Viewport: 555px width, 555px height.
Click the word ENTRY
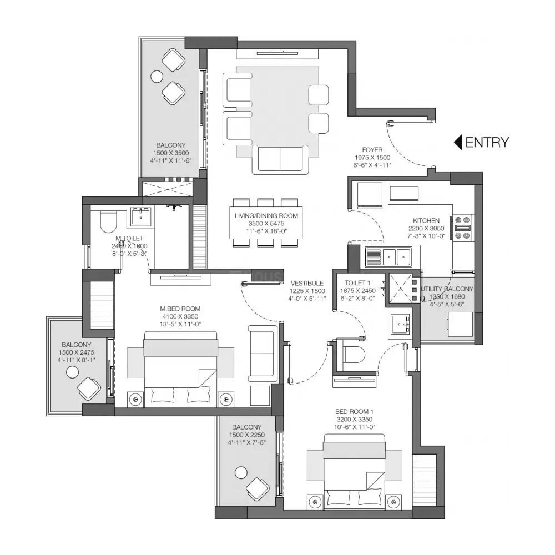click(x=487, y=142)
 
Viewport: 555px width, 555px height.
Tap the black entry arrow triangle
click(x=458, y=142)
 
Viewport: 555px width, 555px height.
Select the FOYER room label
click(x=371, y=149)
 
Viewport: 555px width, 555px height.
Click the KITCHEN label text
click(x=426, y=220)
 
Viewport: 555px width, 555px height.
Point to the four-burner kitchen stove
click(x=462, y=228)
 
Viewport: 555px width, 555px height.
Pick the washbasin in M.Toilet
click(x=140, y=217)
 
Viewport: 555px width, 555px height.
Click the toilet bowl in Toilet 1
click(x=354, y=354)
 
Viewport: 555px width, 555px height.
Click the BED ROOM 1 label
click(x=354, y=411)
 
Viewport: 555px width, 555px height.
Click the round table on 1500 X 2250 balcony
click(x=240, y=473)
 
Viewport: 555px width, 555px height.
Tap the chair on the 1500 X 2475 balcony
click(x=88, y=387)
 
